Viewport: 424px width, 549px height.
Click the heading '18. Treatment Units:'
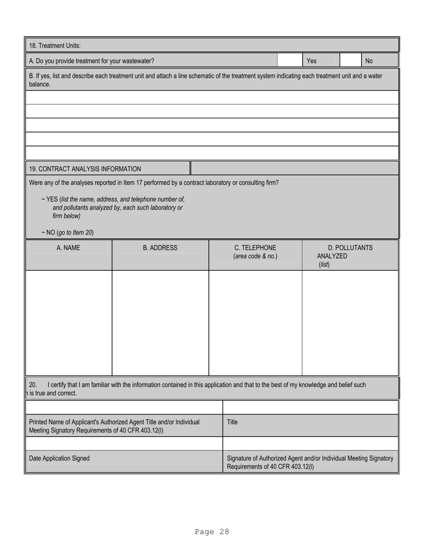(55, 46)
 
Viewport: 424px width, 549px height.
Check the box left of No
(350, 60)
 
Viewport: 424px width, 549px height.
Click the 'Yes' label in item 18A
(311, 61)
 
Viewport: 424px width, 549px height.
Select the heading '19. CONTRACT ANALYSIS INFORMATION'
(85, 169)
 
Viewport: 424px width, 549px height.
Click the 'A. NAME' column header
(68, 248)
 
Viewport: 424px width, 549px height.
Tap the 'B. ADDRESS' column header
(160, 248)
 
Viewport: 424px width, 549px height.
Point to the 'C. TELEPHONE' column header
(255, 248)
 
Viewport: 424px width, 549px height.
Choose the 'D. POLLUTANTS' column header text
(350, 248)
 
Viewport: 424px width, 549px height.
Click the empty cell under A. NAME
(68, 322)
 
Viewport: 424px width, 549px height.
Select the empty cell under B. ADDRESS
(160, 322)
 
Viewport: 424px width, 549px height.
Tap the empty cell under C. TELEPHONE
(255, 322)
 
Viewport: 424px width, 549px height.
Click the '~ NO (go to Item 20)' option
(67, 233)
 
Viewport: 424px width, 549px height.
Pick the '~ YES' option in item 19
(50, 199)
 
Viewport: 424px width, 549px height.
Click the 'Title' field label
(232, 422)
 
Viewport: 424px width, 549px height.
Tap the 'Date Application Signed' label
(59, 458)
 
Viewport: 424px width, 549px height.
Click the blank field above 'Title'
(310, 407)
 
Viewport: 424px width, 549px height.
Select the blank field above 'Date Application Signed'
(124, 443)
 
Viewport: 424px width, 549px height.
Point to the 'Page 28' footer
(212, 532)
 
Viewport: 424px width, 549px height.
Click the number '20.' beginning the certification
(33, 385)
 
